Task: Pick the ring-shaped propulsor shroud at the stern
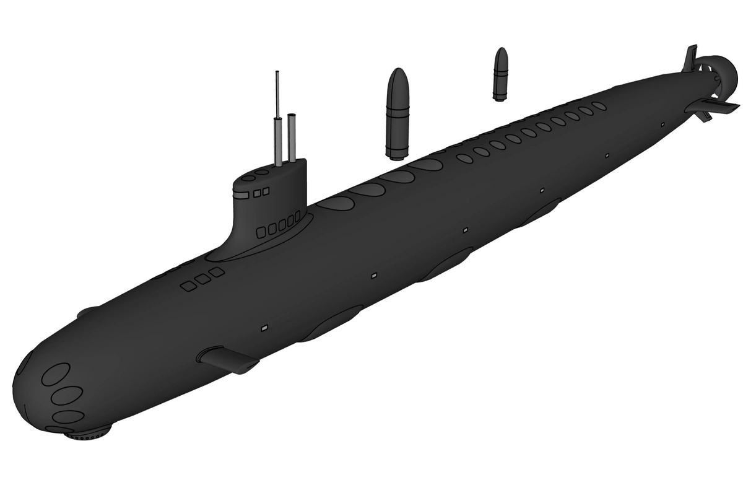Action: click(x=718, y=71)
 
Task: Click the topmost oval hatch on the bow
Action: click(x=55, y=374)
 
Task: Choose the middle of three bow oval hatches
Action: click(x=67, y=395)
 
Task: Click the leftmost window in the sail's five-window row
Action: click(x=261, y=232)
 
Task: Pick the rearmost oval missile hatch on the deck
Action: click(x=599, y=106)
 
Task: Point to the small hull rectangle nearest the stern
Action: click(x=663, y=125)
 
